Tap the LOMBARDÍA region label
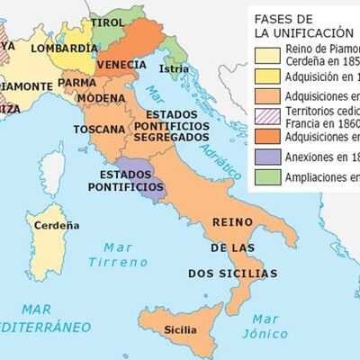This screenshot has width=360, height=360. [64, 48]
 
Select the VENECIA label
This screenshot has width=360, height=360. [121, 66]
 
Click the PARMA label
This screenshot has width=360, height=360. [77, 82]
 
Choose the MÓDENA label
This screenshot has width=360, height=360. [101, 97]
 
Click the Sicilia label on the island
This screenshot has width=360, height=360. [180, 330]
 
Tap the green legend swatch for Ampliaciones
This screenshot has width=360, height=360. [266, 176]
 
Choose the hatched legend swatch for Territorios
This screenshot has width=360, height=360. [266, 116]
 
